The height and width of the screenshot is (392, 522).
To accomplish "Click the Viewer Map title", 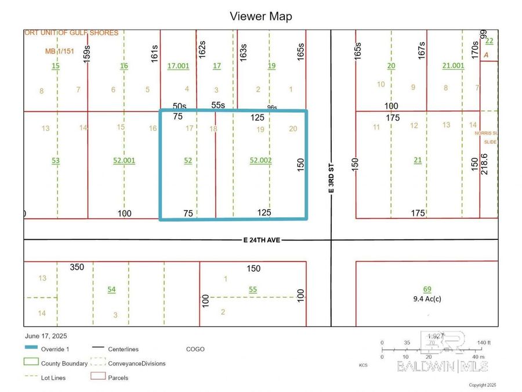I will [x=261, y=16].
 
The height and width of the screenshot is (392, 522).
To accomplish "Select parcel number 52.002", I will [x=260, y=160].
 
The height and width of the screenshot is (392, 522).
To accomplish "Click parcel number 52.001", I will [x=124, y=160].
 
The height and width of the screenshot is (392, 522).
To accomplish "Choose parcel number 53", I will [x=56, y=160].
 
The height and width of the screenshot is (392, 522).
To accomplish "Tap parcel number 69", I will [x=427, y=289].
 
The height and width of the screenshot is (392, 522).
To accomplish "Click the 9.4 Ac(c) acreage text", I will [x=427, y=299].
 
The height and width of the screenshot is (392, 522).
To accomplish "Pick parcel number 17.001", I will [x=178, y=66].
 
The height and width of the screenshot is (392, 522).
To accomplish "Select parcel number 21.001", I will [x=453, y=66].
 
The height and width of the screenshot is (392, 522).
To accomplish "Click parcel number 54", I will [x=111, y=289].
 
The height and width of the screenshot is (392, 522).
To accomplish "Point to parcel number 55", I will [x=252, y=289].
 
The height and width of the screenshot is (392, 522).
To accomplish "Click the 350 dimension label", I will [x=77, y=268].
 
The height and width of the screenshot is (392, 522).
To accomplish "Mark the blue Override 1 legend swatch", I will [x=31, y=349].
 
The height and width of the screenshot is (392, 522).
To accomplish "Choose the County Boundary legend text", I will [x=64, y=364].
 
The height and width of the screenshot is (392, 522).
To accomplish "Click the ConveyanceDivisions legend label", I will [x=137, y=364].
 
